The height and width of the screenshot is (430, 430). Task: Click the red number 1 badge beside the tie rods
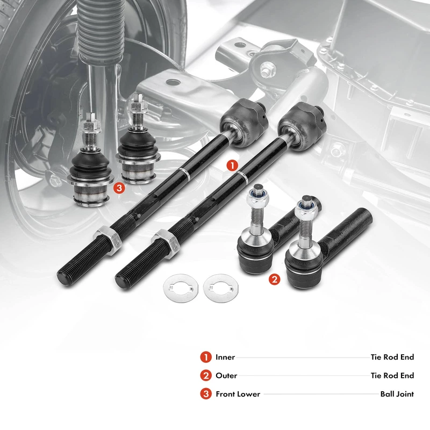click(232, 166)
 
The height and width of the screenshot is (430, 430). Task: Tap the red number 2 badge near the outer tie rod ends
click(275, 279)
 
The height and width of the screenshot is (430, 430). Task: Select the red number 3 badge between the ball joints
click(119, 188)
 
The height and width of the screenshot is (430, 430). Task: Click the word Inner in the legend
click(225, 357)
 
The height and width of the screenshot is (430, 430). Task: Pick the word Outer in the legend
click(226, 375)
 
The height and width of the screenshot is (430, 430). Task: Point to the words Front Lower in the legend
click(238, 394)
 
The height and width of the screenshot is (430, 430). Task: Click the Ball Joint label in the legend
click(397, 394)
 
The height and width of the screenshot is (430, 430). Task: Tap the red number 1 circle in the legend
click(206, 357)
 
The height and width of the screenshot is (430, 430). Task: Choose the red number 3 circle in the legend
click(206, 394)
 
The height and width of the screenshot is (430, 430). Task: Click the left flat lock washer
click(181, 288)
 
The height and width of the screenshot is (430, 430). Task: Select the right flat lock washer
click(221, 288)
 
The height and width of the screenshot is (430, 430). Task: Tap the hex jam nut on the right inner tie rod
click(166, 244)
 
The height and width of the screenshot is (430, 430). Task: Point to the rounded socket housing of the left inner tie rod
click(243, 123)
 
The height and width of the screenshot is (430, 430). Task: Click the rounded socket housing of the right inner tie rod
click(302, 126)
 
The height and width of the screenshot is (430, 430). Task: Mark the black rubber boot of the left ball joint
click(90, 166)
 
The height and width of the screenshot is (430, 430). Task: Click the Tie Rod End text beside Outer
click(392, 375)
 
